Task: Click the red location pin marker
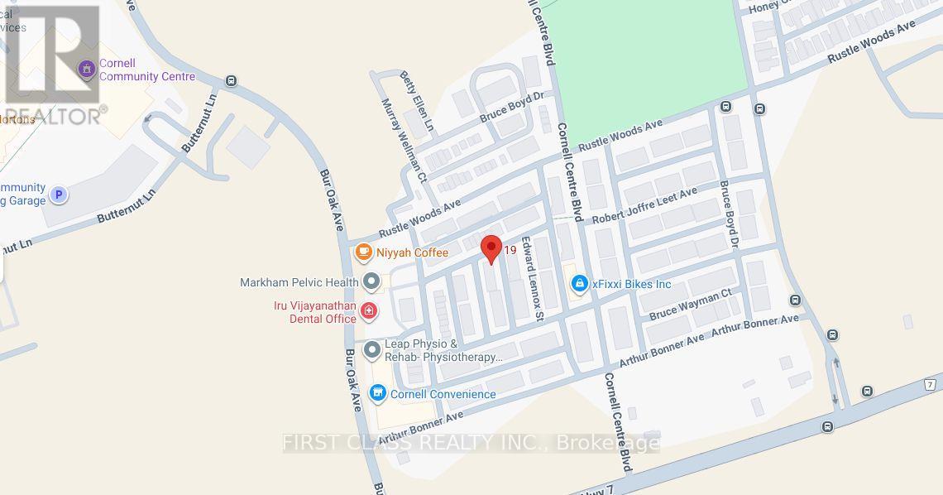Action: [491, 248]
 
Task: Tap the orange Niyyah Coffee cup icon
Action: [362, 252]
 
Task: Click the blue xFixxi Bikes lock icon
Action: [580, 284]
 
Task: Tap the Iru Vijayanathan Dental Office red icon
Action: [369, 311]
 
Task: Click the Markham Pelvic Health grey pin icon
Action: [372, 282]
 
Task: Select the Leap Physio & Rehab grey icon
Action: [372, 350]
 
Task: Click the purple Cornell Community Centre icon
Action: [85, 70]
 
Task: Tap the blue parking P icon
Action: [58, 195]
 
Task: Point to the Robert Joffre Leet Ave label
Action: [642, 205]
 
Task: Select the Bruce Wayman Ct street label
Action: [691, 304]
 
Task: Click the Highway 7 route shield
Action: [931, 385]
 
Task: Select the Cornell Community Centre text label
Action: [147, 70]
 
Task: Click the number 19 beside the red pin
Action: [510, 250]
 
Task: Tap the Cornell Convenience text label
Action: [443, 394]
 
